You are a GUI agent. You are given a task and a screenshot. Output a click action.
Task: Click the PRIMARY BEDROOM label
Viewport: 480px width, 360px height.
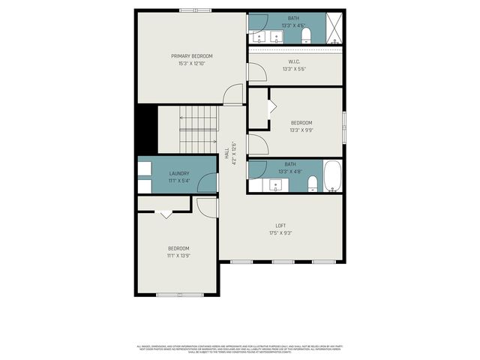pyautogui.click(x=191, y=56)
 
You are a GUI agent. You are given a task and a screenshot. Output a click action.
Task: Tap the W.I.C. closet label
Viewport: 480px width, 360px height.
pyautogui.click(x=294, y=61)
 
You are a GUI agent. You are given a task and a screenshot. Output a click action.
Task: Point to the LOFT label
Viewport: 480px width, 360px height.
pyautogui.click(x=280, y=226)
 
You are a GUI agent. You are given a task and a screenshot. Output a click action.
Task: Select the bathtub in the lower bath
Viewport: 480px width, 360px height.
pyautogui.click(x=333, y=178)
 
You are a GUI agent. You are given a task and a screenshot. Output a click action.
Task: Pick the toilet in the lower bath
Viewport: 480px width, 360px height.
pyautogui.click(x=312, y=183)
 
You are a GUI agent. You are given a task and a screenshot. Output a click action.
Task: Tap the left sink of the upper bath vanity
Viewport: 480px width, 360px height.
pyautogui.click(x=259, y=36)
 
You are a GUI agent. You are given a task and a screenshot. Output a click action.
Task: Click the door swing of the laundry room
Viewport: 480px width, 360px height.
pyautogui.click(x=207, y=183)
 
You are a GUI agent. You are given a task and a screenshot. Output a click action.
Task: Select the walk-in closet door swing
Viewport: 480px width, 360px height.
pyautogui.click(x=256, y=73)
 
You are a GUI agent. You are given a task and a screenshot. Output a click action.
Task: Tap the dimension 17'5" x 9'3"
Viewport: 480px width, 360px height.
pyautogui.click(x=280, y=233)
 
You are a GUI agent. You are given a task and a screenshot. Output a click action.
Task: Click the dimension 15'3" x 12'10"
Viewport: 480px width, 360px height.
pyautogui.click(x=191, y=64)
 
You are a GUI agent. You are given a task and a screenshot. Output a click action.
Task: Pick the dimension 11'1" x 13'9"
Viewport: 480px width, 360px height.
pyautogui.click(x=178, y=256)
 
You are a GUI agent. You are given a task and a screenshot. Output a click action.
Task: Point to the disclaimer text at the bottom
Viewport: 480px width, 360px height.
pyautogui.click(x=240, y=348)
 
